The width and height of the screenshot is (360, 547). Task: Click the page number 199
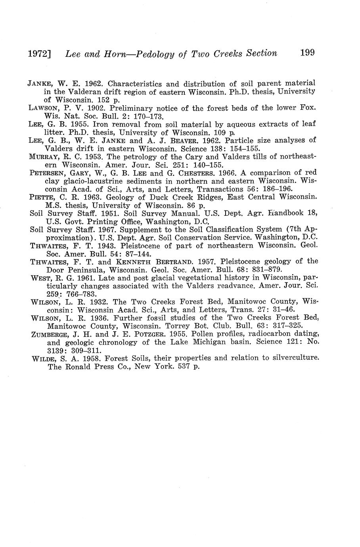tap(307, 52)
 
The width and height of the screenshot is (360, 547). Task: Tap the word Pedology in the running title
tap(155, 54)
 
